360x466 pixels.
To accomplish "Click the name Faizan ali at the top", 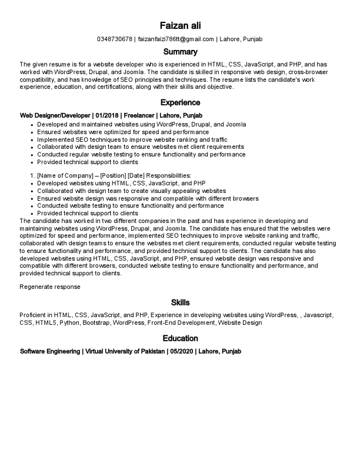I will (x=180, y=26).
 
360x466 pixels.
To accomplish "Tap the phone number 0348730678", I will (x=115, y=39).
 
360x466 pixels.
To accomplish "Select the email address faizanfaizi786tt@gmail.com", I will (x=176, y=39).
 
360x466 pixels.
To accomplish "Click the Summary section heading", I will (x=180, y=52).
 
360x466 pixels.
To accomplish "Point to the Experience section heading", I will (x=180, y=102).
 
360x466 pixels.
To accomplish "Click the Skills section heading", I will (x=180, y=302).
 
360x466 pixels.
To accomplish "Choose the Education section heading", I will (x=180, y=338).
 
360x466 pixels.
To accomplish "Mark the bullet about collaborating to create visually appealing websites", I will (x=131, y=191).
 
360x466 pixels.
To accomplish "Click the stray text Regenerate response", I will (x=49, y=287).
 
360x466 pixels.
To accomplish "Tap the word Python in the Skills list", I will (x=68, y=323).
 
